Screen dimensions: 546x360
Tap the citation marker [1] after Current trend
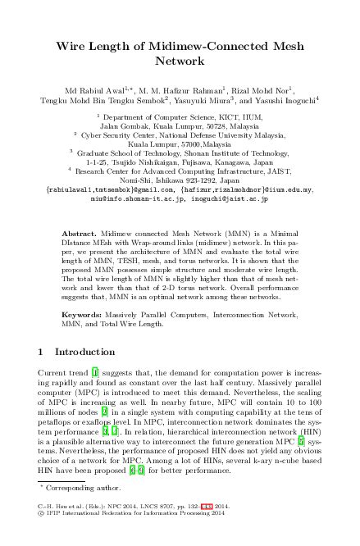95,373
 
